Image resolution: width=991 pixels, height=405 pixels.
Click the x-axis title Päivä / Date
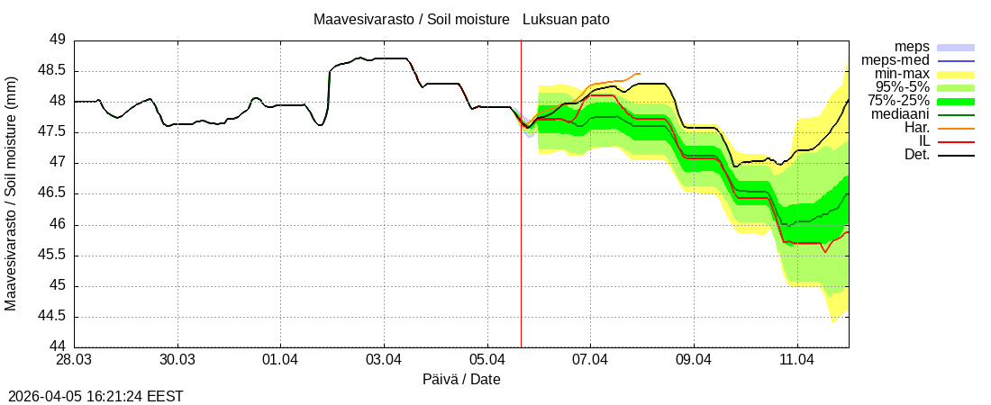pyautogui.click(x=461, y=380)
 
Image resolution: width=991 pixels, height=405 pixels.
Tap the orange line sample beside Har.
pyautogui.click(x=956, y=128)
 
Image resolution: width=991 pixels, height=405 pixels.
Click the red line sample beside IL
pyautogui.click(x=956, y=141)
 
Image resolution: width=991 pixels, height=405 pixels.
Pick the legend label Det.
pyautogui.click(x=916, y=155)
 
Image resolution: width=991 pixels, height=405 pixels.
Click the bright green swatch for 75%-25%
pyautogui.click(x=956, y=101)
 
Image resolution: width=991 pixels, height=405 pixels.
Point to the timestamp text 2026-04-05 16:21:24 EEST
pyautogui.click(x=95, y=396)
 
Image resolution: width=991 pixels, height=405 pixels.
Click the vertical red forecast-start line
pyautogui.click(x=521, y=225)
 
